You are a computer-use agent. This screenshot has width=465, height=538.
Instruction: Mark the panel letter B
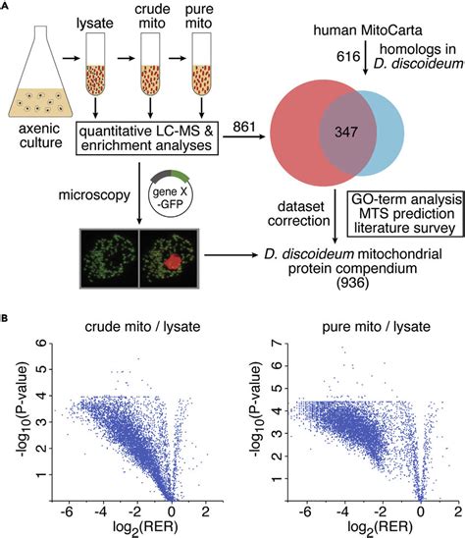tap(8, 319)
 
